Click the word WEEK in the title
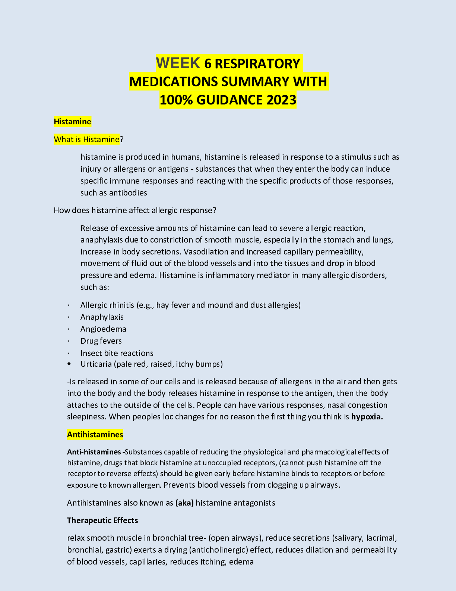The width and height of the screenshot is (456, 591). click(178, 63)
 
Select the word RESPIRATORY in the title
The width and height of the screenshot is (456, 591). click(257, 64)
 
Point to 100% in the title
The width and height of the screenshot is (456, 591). click(176, 100)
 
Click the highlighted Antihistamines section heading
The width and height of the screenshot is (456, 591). click(95, 435)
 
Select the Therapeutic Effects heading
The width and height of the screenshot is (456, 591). click(102, 520)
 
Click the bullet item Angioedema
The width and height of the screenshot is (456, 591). click(103, 329)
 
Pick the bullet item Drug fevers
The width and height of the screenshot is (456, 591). click(101, 341)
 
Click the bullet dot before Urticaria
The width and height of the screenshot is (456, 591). click(69, 364)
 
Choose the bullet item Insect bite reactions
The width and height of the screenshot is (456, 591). click(117, 353)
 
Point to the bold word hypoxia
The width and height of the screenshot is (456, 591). click(367, 417)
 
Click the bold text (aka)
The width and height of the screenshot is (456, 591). click(184, 503)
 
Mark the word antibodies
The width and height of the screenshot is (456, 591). click(128, 193)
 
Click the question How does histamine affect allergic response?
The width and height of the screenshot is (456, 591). click(135, 210)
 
